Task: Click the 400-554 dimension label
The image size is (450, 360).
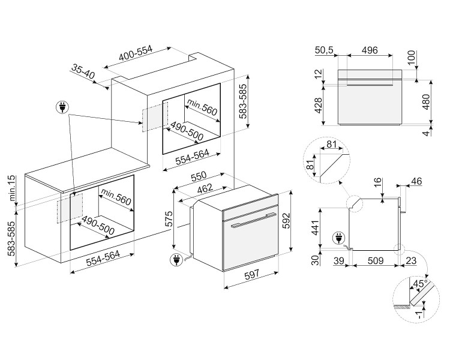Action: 136,55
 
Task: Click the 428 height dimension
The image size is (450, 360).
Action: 318,106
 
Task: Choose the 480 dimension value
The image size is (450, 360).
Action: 425,101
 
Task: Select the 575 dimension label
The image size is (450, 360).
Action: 169,221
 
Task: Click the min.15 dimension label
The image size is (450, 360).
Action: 11,185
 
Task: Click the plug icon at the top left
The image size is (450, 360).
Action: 62,108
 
